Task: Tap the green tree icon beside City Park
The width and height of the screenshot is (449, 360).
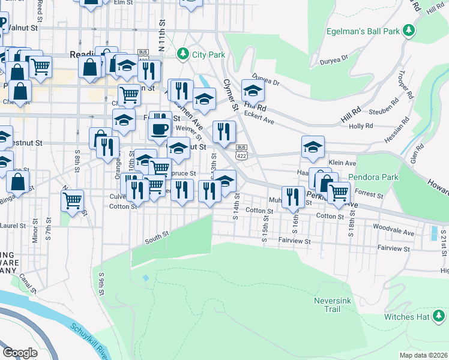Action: tap(183, 54)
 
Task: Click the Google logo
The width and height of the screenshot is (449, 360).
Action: tap(20, 353)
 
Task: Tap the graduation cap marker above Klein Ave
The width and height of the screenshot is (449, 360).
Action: tap(313, 147)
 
